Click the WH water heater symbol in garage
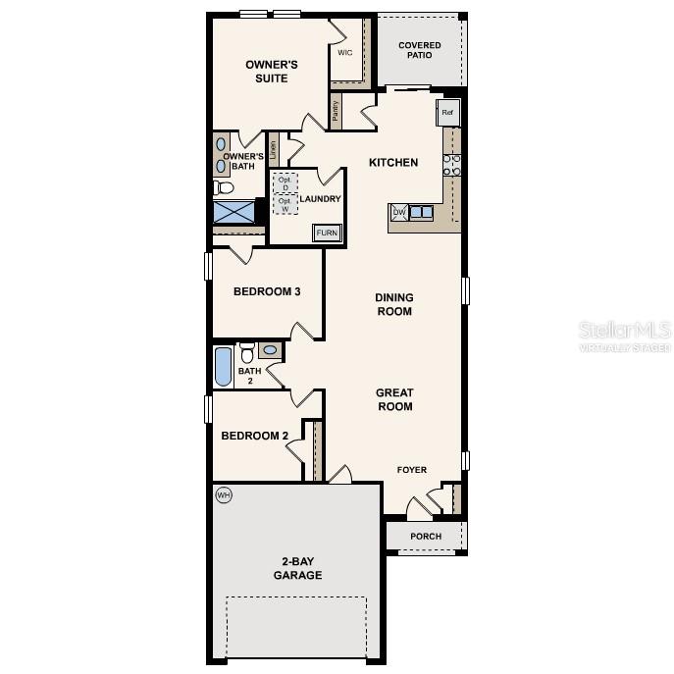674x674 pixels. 224,495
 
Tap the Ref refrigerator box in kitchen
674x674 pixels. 447,113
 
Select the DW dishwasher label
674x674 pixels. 399,211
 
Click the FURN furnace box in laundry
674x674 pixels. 327,233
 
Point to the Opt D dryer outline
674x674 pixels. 285,183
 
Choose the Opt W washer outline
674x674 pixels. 285,204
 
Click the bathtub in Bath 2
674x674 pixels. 223,367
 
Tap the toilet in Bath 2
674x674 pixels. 247,352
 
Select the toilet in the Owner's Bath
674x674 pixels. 225,187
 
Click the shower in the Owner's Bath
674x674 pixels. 234,212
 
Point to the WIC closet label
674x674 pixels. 344,53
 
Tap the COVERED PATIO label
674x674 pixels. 419,50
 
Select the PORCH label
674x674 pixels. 426,537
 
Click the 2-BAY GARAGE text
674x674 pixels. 297,569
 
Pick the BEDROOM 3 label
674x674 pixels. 267,291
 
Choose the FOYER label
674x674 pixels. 412,470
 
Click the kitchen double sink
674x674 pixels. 422,211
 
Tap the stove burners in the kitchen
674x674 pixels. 452,165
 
